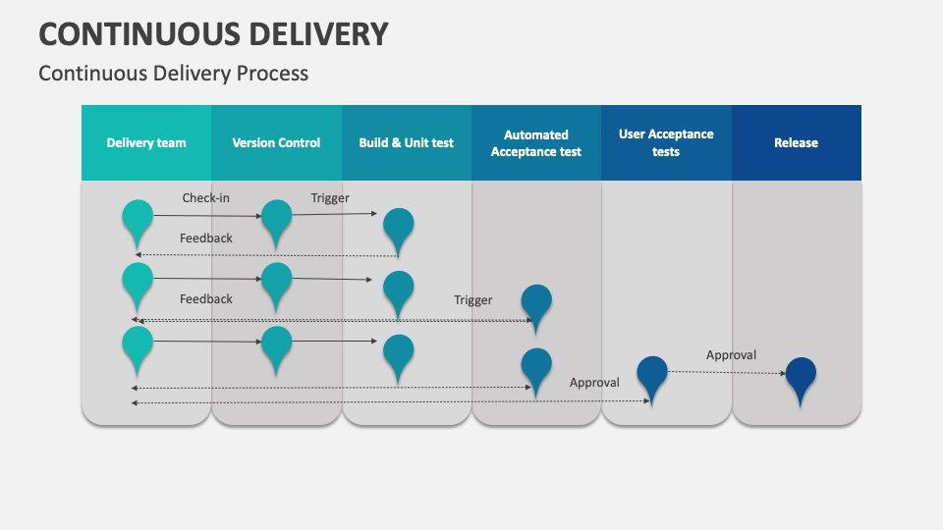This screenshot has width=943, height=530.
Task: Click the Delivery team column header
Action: [146, 142]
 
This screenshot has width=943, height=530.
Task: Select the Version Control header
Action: [276, 142]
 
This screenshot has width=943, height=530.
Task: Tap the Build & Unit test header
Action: [406, 142]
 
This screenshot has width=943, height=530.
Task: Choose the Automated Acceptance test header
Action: [536, 142]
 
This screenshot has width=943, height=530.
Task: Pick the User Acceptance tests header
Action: [666, 142]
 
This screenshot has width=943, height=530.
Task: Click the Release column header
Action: [796, 142]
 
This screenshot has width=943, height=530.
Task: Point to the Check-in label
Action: [206, 198]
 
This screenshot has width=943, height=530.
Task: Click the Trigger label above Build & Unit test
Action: [330, 198]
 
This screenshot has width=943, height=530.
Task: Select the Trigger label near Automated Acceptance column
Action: [473, 300]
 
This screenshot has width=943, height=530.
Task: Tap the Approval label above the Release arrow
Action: [731, 355]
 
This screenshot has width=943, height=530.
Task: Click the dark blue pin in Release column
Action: [801, 375]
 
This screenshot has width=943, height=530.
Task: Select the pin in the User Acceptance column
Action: [652, 374]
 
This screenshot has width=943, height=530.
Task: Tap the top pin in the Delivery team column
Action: [138, 217]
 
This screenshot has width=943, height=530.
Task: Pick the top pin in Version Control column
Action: [276, 218]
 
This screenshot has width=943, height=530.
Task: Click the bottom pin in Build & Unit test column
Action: [398, 352]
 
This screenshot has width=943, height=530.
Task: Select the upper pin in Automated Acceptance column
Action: [536, 301]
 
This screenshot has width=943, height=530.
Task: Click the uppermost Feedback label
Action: [206, 238]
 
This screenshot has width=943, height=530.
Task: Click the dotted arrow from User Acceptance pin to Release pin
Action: [727, 372]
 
